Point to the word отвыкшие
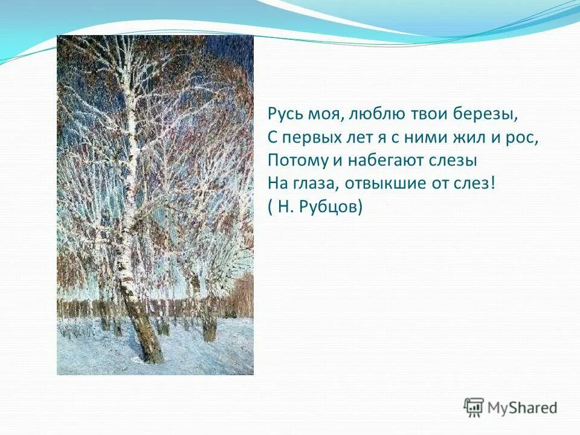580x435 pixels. click(x=387, y=184)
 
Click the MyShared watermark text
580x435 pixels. click(x=521, y=407)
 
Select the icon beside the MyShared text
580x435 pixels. click(x=474, y=407)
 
